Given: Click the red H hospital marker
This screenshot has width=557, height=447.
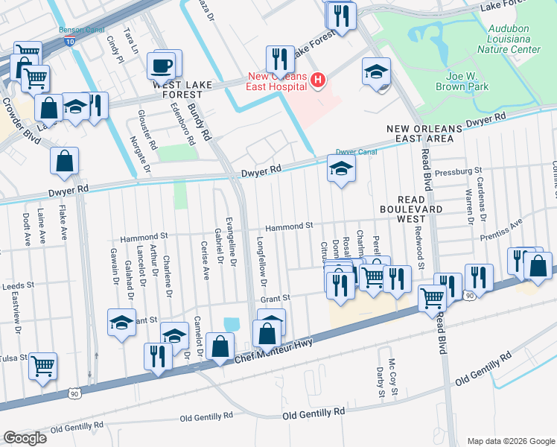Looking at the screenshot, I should [x=318, y=80].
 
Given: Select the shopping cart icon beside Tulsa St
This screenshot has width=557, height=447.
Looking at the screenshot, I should [x=43, y=365].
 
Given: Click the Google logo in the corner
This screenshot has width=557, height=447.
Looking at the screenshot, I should [x=25, y=438].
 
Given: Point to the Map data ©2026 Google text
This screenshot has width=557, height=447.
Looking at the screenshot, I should [x=510, y=441].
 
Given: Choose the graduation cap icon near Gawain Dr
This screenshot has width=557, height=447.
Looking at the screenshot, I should [x=122, y=323].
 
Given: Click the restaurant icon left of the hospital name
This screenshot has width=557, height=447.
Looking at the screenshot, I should [x=280, y=59].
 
